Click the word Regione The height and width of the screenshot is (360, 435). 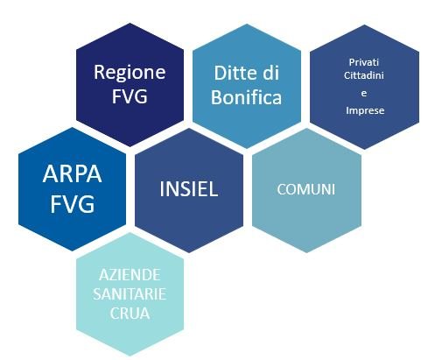click(130, 73)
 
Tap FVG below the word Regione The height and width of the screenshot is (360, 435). click(130, 95)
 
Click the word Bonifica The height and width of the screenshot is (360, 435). click(247, 97)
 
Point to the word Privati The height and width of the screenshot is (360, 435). click(364, 62)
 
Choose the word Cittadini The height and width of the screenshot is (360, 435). click(364, 75)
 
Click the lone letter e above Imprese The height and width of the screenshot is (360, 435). click(364, 94)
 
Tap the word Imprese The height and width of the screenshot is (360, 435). click(365, 110)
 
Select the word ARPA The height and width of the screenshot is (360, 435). click(72, 174)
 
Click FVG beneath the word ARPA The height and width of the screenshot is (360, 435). click(73, 204)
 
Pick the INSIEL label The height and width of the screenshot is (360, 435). click(189, 188)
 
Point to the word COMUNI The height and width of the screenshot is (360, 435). click(306, 189)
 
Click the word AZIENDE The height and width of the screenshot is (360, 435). click(130, 275)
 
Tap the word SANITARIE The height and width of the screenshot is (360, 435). click(130, 294)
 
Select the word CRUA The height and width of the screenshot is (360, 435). click(130, 314)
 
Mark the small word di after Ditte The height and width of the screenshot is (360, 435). click(270, 73)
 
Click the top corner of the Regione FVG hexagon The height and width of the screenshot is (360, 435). click(130, 23)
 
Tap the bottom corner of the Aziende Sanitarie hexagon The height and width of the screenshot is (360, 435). click(130, 356)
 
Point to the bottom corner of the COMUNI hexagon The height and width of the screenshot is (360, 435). click(306, 253)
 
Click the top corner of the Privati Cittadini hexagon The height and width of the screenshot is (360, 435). click(365, 25)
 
